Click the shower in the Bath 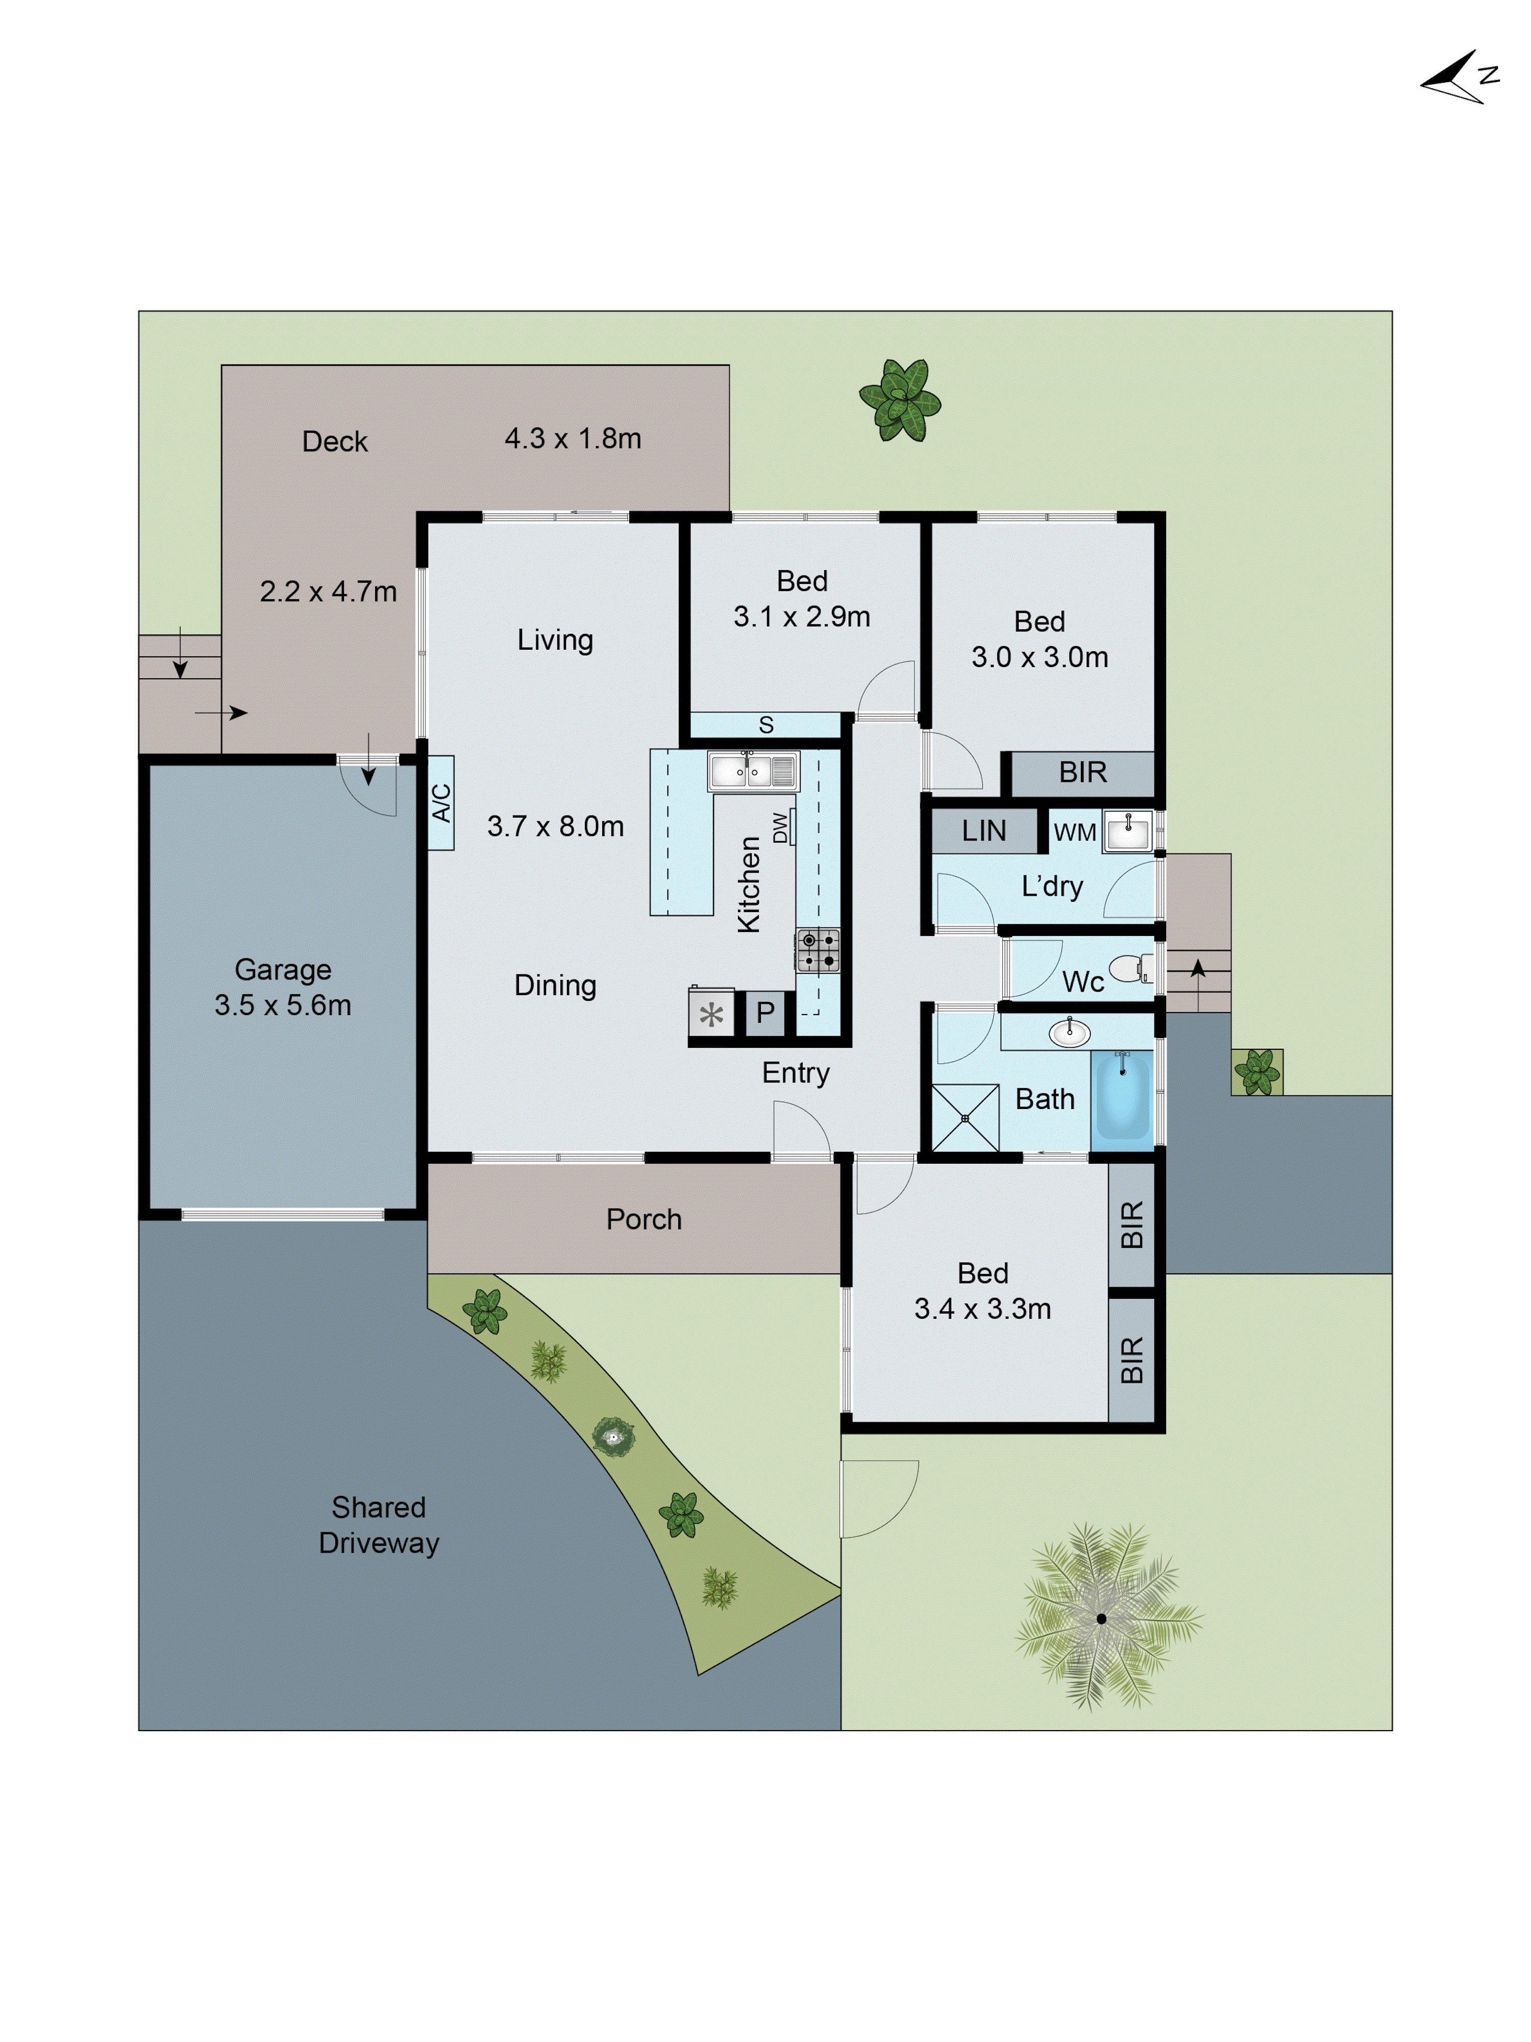tap(965, 1118)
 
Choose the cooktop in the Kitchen tap(818, 950)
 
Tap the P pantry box tap(765, 1013)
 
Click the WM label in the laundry tap(1074, 833)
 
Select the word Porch tap(643, 1219)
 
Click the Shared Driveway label tap(378, 1524)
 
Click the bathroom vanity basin tap(1070, 1032)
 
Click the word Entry tap(796, 1073)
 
